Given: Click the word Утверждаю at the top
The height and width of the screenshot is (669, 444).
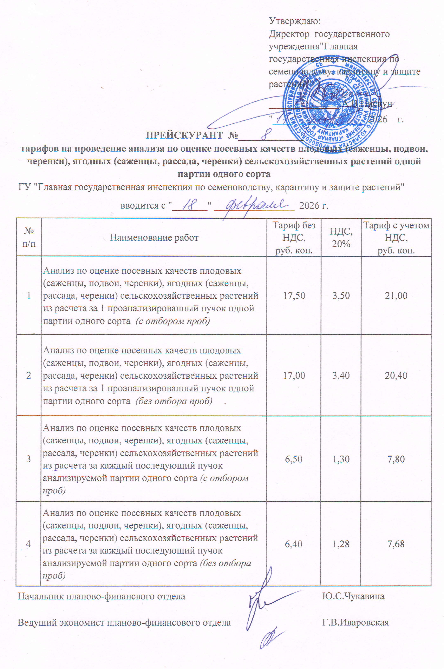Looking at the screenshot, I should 294,21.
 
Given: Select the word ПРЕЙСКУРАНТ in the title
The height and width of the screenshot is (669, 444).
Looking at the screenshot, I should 184,135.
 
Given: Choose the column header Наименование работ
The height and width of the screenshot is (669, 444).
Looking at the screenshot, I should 154,237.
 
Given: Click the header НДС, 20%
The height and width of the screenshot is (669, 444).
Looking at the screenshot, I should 341,237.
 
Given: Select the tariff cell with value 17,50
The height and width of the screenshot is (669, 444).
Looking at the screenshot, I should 294,296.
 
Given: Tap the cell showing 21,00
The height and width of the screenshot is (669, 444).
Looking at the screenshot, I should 396,296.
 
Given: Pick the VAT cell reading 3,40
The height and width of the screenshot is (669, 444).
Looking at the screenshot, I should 341,376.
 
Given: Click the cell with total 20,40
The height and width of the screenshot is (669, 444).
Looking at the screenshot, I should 396,376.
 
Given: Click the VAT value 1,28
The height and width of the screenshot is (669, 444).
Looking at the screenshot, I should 341,544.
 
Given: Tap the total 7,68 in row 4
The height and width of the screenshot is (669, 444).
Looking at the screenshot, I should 396,544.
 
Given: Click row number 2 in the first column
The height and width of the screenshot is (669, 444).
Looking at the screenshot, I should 29,376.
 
